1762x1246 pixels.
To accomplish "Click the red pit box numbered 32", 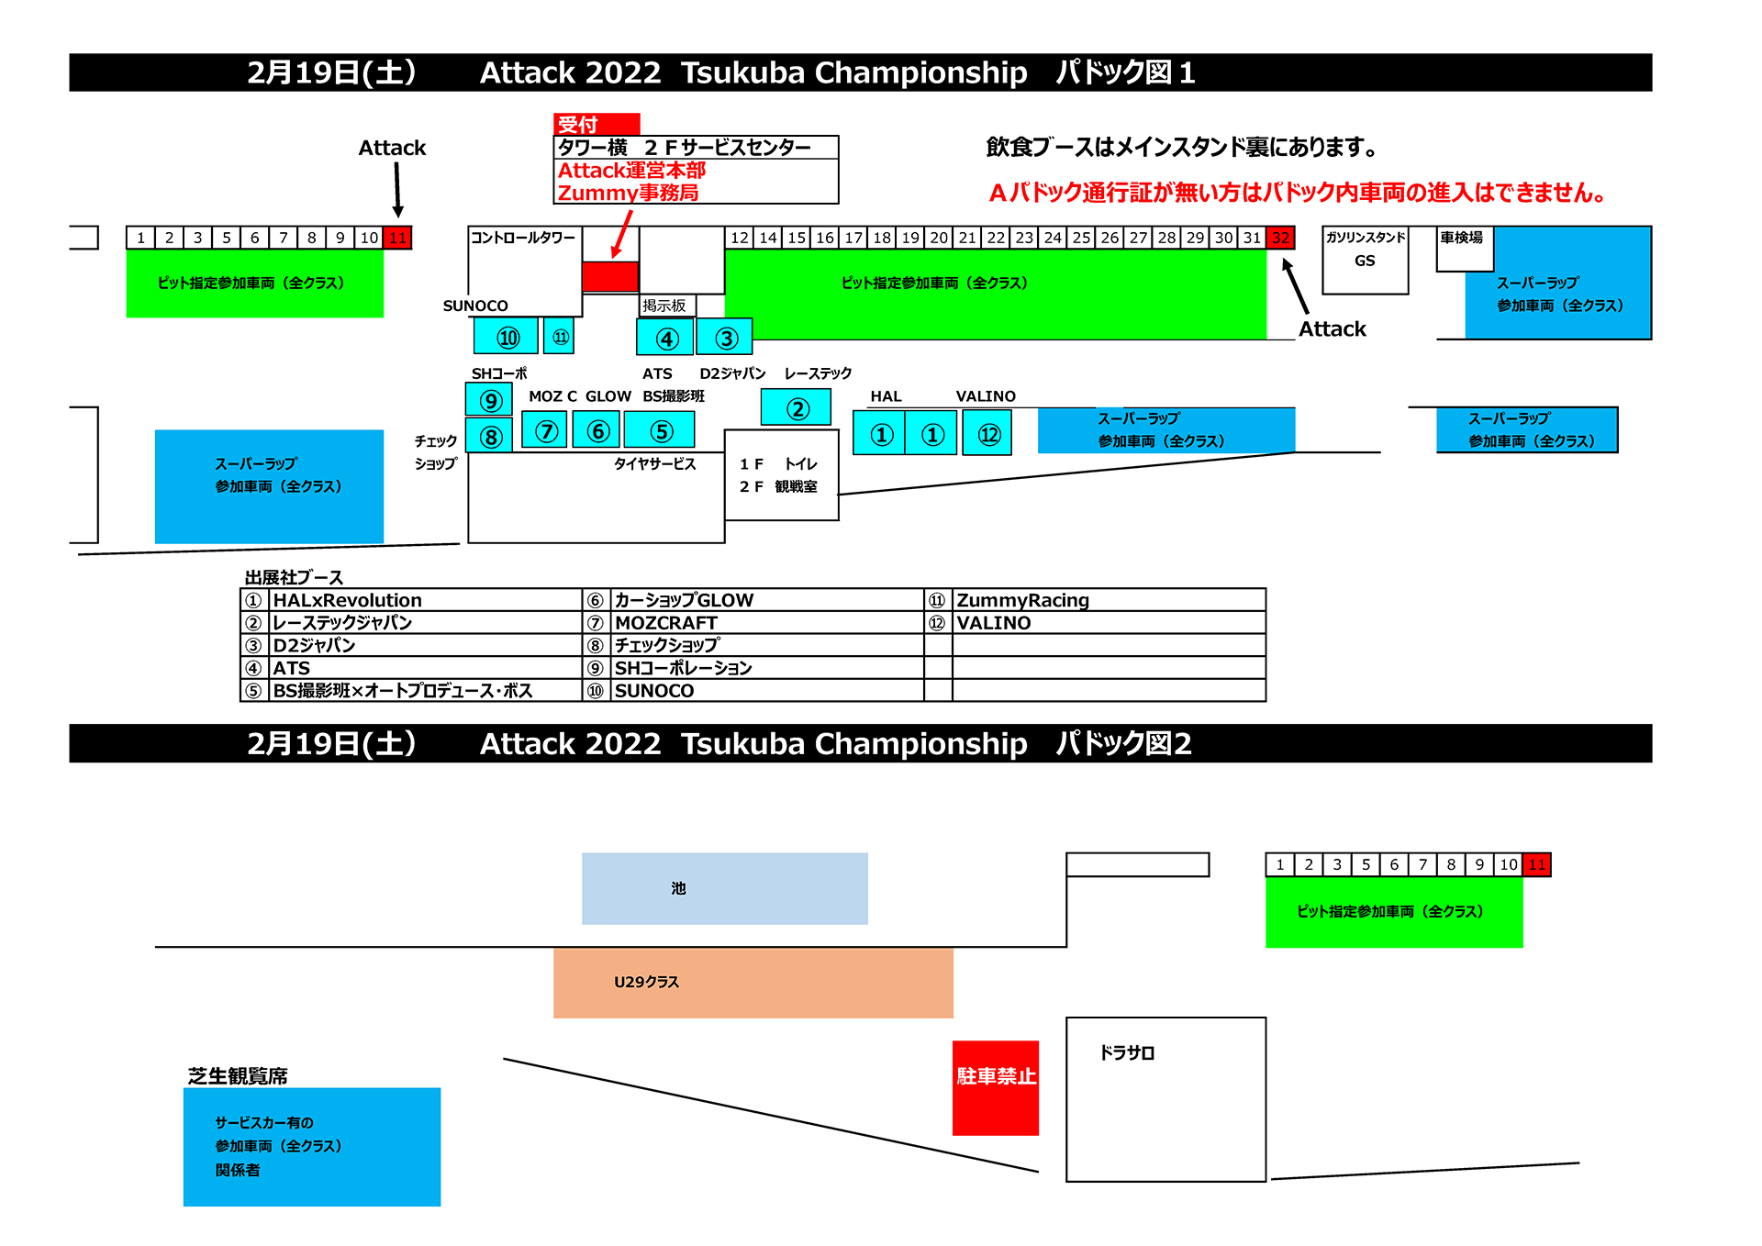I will [x=1280, y=238].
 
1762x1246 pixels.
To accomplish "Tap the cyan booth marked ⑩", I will [x=506, y=337].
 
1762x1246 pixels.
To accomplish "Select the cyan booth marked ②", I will [x=796, y=407].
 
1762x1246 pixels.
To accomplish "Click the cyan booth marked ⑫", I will [x=987, y=434].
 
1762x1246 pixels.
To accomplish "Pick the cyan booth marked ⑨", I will [x=489, y=400].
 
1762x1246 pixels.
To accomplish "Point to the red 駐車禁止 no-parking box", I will [x=996, y=1087].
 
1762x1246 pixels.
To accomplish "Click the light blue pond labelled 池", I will [x=724, y=888].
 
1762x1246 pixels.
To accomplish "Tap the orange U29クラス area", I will [x=753, y=983].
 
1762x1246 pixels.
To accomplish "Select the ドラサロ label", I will [x=1127, y=1052].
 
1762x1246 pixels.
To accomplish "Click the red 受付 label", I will [x=596, y=124].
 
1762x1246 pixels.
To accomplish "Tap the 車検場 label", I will [x=1461, y=238].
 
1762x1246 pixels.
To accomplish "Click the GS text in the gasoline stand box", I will [x=1365, y=261].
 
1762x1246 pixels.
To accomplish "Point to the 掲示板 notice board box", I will [x=665, y=306].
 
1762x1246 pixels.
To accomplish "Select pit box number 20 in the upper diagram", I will [x=939, y=238].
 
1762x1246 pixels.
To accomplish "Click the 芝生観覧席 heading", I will [x=238, y=1075].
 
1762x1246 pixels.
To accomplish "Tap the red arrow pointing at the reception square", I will [x=622, y=234].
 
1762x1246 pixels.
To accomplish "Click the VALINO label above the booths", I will [x=986, y=396].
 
